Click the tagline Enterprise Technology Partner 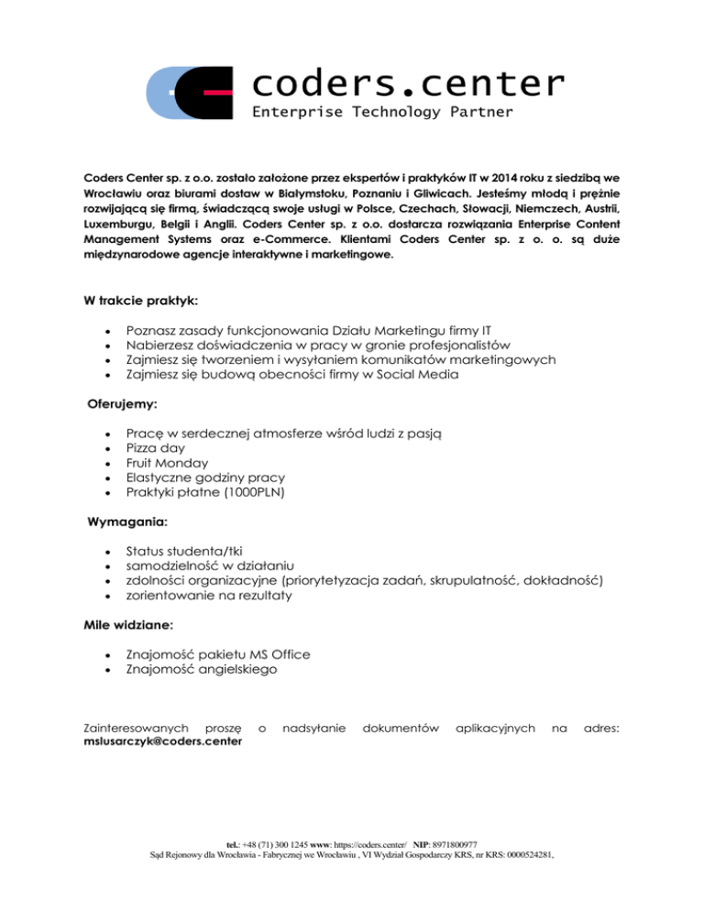click(x=382, y=113)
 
